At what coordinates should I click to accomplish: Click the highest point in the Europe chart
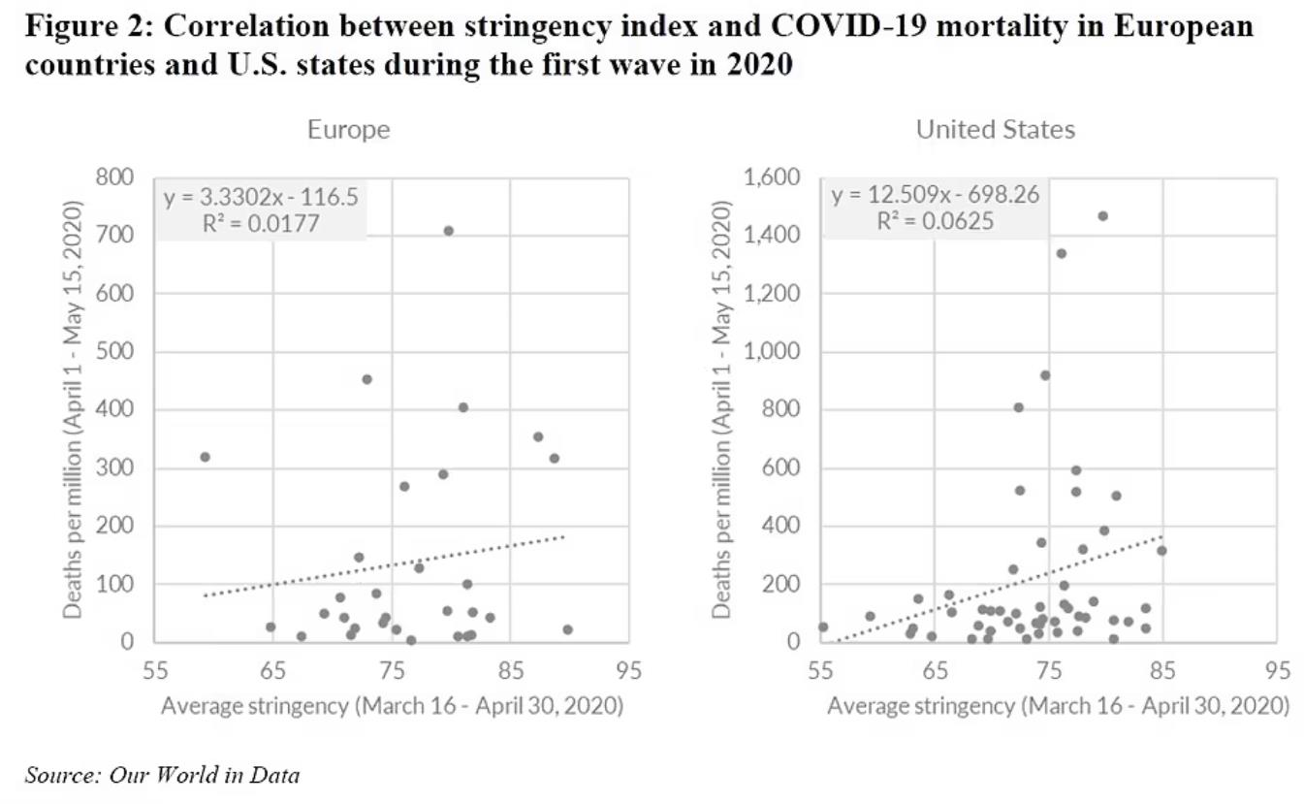448,231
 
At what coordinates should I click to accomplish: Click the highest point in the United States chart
1102,216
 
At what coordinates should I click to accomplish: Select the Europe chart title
348,130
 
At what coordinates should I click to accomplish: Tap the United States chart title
995,130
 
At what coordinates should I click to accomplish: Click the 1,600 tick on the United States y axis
773,177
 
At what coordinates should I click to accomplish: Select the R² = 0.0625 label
935,221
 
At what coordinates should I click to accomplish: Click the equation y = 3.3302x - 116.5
260,198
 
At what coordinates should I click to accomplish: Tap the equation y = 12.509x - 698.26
935,195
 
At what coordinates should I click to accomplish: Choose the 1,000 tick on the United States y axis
773,352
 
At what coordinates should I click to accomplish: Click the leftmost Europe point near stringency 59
205,457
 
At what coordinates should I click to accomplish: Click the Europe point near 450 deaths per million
366,379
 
